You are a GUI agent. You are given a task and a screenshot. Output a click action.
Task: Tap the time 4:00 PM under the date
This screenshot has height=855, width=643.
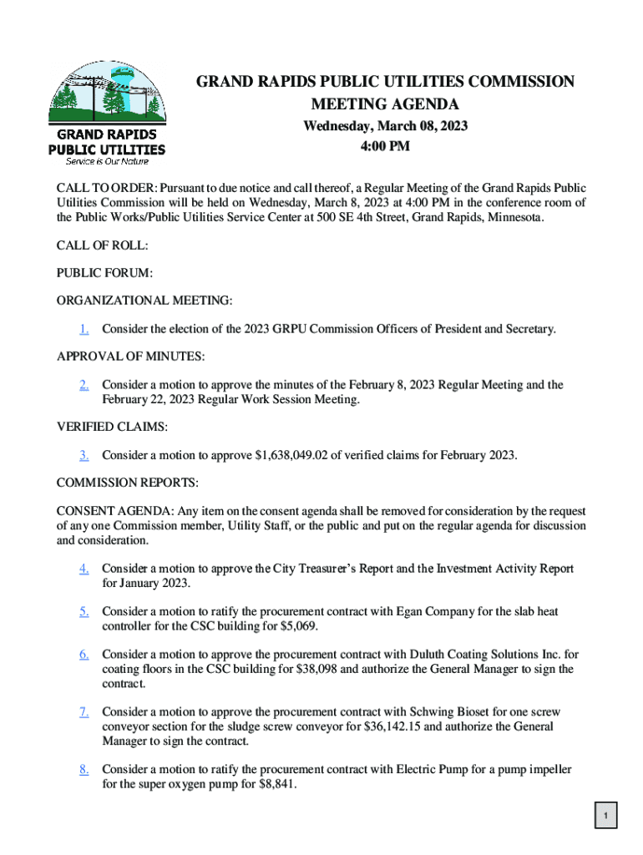point(385,147)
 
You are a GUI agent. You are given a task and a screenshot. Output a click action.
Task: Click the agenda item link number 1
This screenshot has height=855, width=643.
point(85,329)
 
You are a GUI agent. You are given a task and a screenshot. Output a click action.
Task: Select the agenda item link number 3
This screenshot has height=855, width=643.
point(85,455)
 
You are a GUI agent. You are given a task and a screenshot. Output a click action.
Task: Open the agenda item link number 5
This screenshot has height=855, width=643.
point(85,611)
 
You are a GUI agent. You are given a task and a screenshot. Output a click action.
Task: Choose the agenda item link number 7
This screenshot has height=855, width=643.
point(85,711)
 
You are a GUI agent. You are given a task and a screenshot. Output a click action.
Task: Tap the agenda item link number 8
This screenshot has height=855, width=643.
point(85,769)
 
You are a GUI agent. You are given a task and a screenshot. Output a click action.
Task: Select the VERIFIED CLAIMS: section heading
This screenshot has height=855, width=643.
point(112,427)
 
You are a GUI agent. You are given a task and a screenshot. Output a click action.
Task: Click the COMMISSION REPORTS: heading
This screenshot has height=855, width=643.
point(127,483)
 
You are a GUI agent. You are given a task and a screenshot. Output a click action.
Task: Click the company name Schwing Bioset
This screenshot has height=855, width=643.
point(449,711)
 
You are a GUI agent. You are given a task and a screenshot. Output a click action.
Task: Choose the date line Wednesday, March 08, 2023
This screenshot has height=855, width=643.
point(385,127)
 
